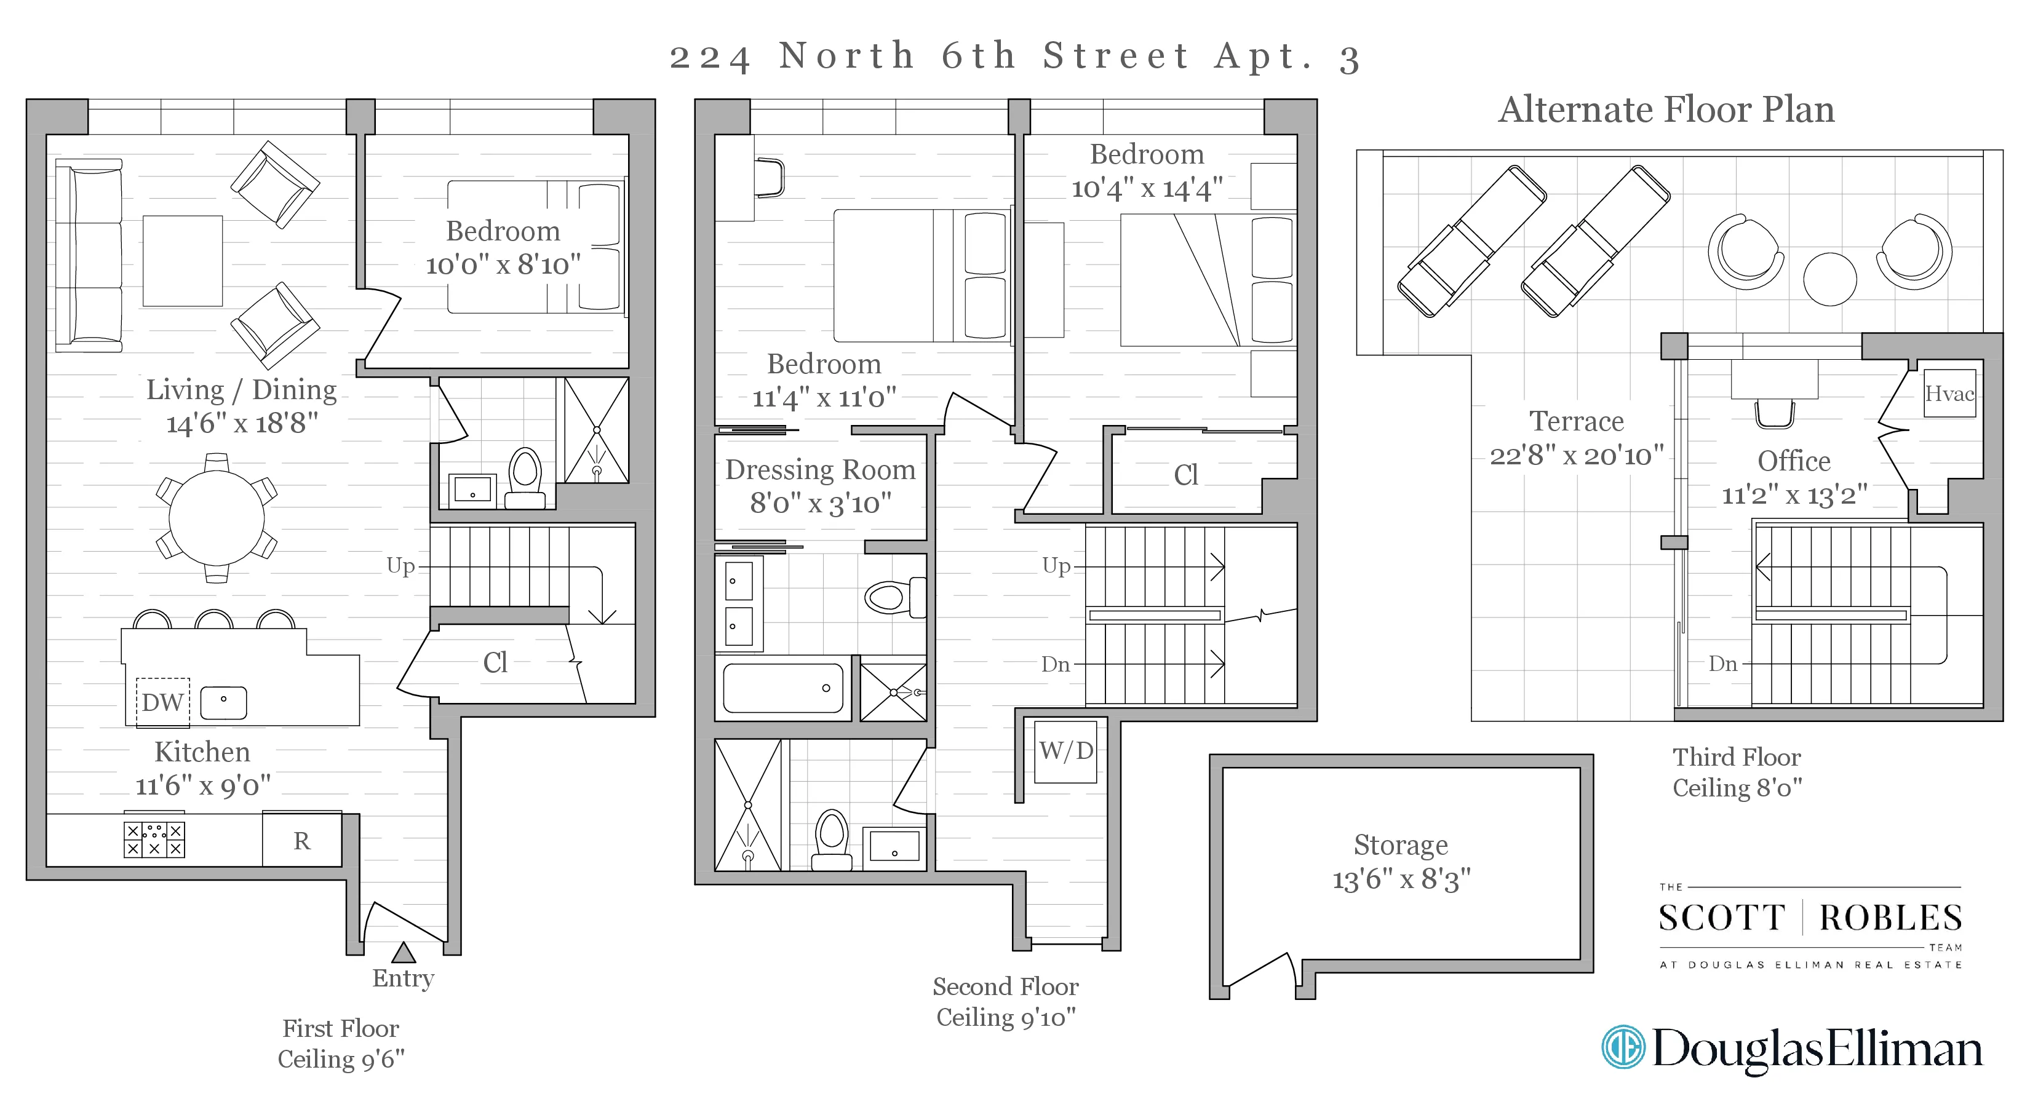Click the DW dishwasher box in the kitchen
(163, 701)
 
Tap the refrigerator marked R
(302, 841)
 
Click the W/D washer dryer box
(1065, 751)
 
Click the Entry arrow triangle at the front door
(404, 953)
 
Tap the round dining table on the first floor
(217, 518)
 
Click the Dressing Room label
(821, 470)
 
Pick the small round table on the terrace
(1830, 279)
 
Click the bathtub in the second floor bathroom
(782, 688)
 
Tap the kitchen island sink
(224, 702)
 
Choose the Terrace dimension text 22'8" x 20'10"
(1576, 455)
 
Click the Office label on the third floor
(1794, 461)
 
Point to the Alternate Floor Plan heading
(1666, 109)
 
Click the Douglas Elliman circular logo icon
(1623, 1047)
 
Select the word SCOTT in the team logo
(1721, 919)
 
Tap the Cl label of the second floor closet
(1186, 475)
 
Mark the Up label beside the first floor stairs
(400, 566)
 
